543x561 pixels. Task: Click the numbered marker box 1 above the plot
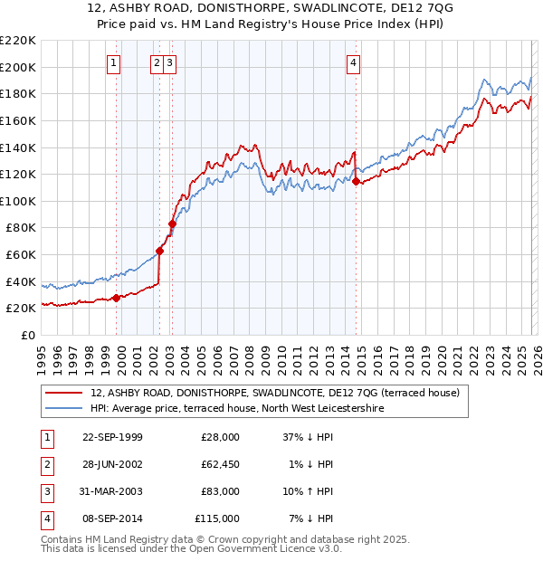pyautogui.click(x=114, y=62)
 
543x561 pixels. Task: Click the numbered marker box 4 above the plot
pyautogui.click(x=353, y=62)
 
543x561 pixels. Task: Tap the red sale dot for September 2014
pyautogui.click(x=356, y=181)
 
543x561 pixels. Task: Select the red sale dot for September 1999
pyautogui.click(x=116, y=298)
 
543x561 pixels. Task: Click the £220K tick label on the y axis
pyautogui.click(x=18, y=41)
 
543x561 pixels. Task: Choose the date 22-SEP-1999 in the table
pyautogui.click(x=112, y=437)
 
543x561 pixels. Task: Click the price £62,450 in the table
pyautogui.click(x=220, y=464)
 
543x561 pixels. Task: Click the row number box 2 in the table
pyautogui.click(x=45, y=464)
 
